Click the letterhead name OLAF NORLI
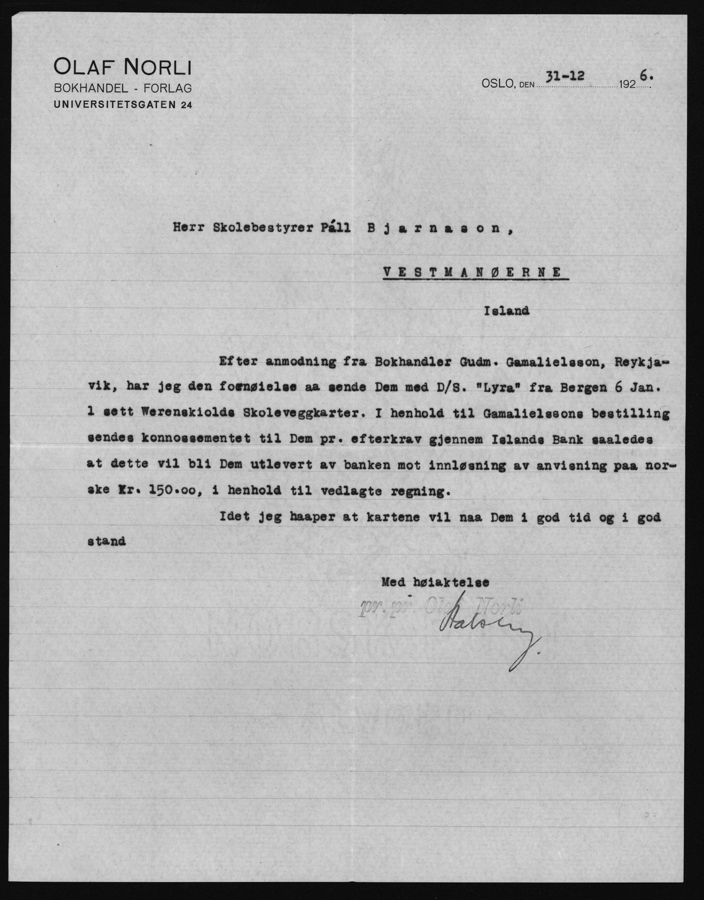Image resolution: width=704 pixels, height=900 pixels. pos(123,68)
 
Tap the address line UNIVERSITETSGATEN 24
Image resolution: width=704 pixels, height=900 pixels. pos(123,105)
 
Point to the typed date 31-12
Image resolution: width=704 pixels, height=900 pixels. pos(566,76)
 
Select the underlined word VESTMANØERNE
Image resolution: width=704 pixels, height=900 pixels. pos(472,272)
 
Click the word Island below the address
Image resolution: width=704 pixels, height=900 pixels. pos(506,311)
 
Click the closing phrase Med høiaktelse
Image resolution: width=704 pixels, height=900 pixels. pos(435,582)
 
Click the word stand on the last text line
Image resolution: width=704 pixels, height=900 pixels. pos(107,542)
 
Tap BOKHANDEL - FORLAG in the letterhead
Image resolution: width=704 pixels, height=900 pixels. pos(123,88)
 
